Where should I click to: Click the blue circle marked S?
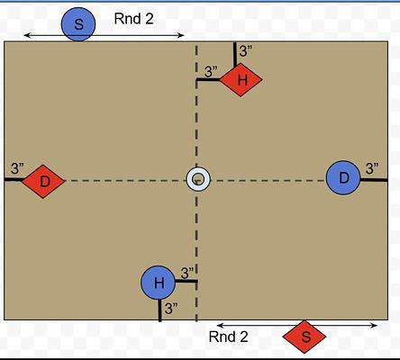[78, 24]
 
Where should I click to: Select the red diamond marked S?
[305, 337]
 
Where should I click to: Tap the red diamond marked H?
[241, 79]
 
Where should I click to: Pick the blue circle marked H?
[159, 283]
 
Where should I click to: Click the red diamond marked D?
[43, 181]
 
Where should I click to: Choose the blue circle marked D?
[343, 177]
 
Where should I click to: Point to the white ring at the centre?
[198, 179]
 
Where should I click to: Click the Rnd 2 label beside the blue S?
[133, 19]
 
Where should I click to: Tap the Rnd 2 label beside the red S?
[228, 337]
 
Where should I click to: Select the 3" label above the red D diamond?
[17, 168]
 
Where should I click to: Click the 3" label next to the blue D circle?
[372, 168]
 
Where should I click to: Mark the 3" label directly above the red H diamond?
[246, 51]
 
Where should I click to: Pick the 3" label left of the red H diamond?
[211, 72]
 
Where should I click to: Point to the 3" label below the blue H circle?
[171, 309]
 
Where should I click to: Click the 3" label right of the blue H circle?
[187, 273]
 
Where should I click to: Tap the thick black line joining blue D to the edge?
[374, 180]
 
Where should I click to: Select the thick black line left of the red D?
[14, 180]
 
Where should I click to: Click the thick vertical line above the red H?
[235, 53]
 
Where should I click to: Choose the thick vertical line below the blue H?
[159, 310]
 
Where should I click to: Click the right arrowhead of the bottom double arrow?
[375, 326]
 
